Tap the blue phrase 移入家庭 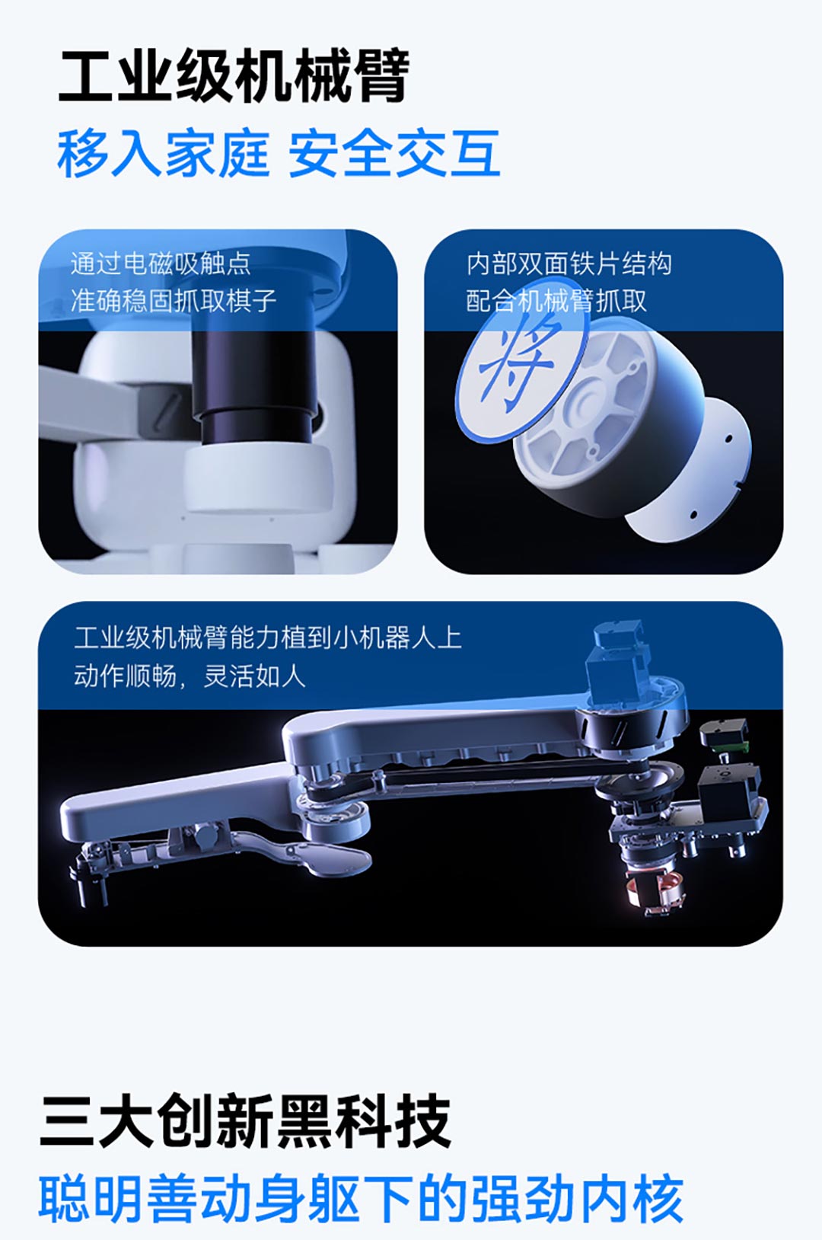click(x=163, y=153)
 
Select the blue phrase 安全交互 click(x=394, y=153)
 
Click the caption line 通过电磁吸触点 click(x=161, y=264)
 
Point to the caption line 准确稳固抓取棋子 click(x=173, y=301)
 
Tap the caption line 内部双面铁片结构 click(x=569, y=264)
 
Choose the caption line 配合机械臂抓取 click(x=556, y=301)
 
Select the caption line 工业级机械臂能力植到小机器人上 click(x=268, y=638)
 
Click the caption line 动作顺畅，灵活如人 click(x=190, y=676)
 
